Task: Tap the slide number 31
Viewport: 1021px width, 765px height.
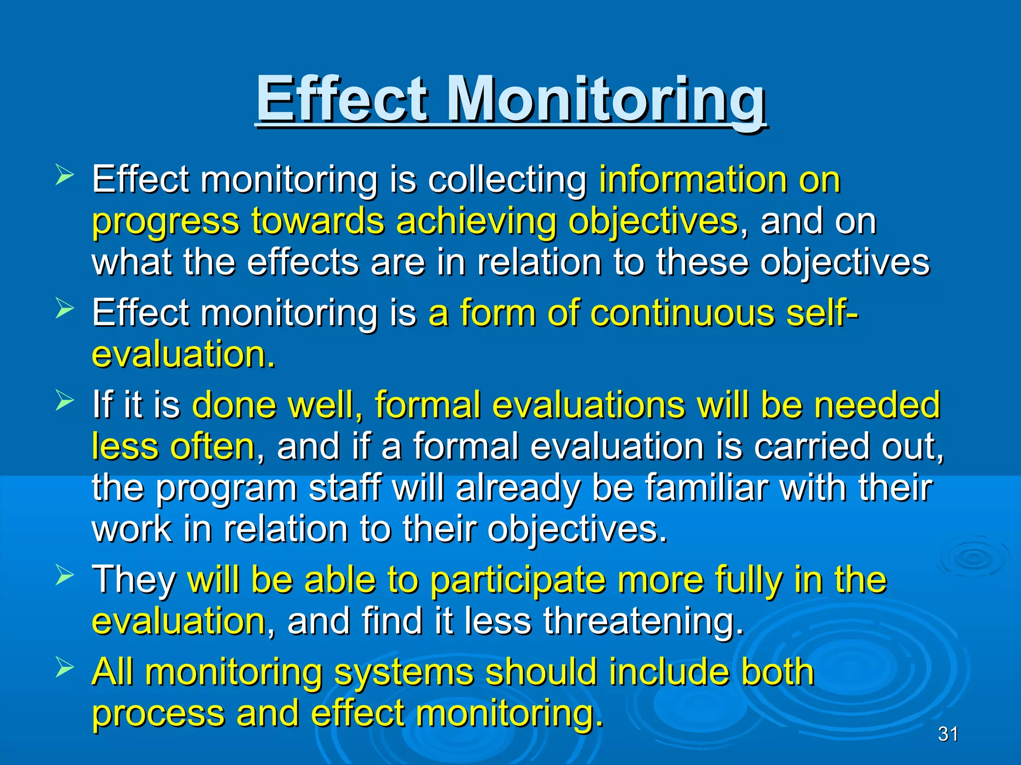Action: coord(948,734)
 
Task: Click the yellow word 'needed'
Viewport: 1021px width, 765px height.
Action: coord(877,404)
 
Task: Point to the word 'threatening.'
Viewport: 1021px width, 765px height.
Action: coord(643,621)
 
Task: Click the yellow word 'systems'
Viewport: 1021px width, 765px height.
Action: coord(403,672)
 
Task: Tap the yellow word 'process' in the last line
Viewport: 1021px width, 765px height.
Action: coord(159,713)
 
